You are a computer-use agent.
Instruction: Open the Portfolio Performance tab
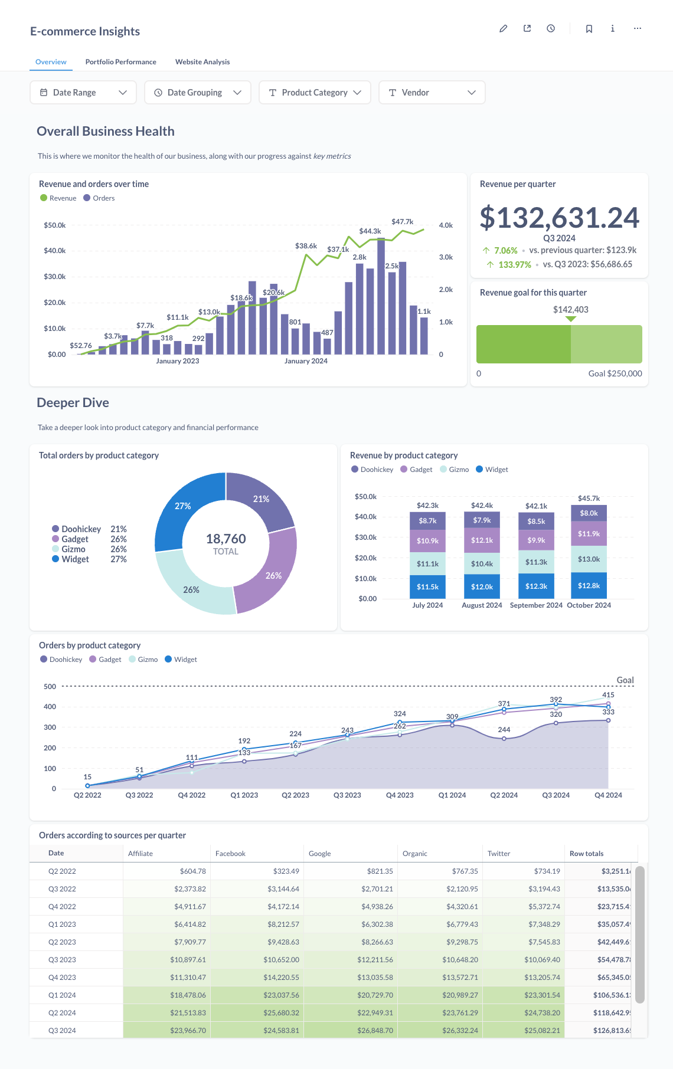[x=120, y=62]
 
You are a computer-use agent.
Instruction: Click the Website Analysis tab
[x=202, y=62]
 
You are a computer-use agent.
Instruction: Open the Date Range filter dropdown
[x=83, y=93]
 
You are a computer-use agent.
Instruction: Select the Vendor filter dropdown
[x=432, y=93]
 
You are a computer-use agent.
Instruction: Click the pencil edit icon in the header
[x=504, y=28]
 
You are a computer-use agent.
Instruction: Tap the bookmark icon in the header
[x=589, y=28]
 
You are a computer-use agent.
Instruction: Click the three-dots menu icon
[x=638, y=28]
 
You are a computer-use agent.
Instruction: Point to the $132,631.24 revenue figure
[x=559, y=218]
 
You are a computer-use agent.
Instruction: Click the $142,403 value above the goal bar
[x=570, y=310]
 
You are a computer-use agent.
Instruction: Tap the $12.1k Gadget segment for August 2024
[x=482, y=540]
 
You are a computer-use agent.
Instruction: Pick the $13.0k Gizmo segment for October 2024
[x=589, y=559]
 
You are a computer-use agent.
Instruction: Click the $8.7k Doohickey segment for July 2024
[x=427, y=521]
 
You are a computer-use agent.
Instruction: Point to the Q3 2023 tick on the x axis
[x=347, y=795]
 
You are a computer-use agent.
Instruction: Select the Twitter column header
[x=499, y=854]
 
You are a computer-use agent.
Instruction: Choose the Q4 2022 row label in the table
[x=62, y=907]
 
